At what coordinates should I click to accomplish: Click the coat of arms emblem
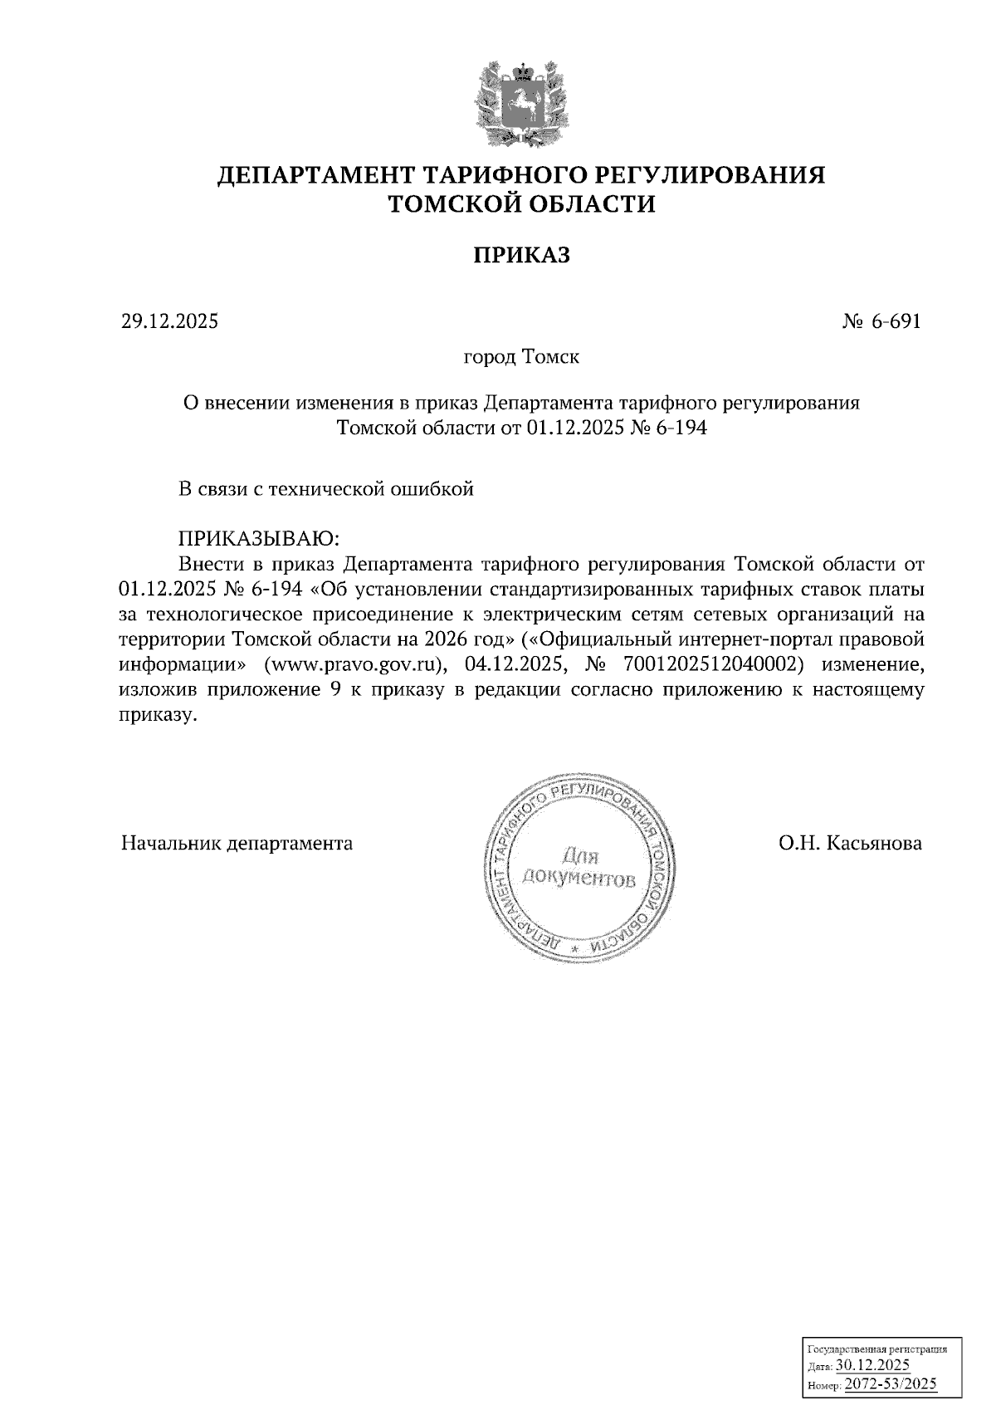[522, 105]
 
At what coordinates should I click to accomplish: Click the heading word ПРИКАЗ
[522, 255]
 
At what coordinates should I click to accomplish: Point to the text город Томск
[521, 358]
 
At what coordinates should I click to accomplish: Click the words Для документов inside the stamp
[579, 868]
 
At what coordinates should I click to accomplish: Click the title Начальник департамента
[237, 844]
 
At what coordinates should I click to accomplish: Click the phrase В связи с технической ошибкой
[326, 489]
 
